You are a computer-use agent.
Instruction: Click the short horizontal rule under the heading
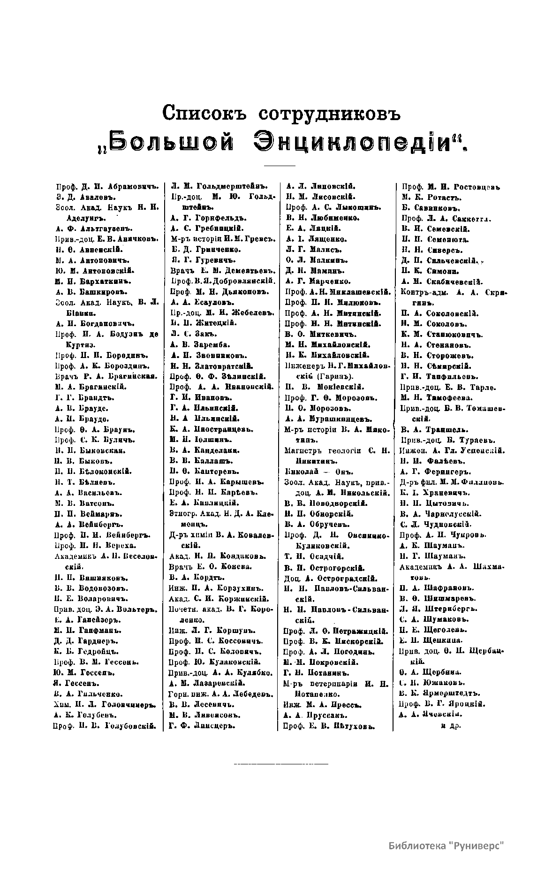click(280, 166)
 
